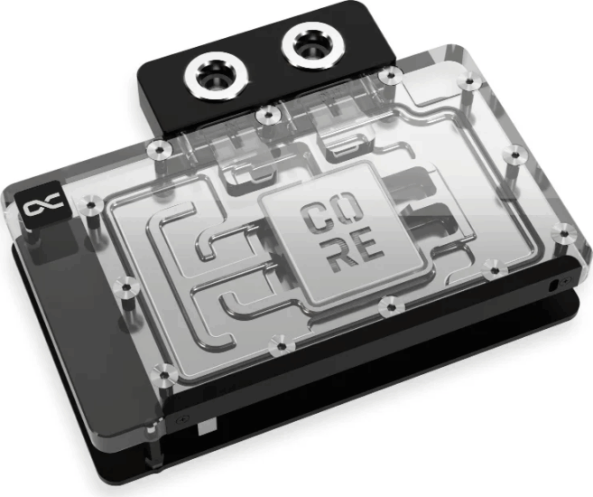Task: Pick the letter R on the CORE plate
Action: (320, 256)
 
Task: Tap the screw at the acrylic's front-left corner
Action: (164, 370)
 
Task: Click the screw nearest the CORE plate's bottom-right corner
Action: (388, 306)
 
